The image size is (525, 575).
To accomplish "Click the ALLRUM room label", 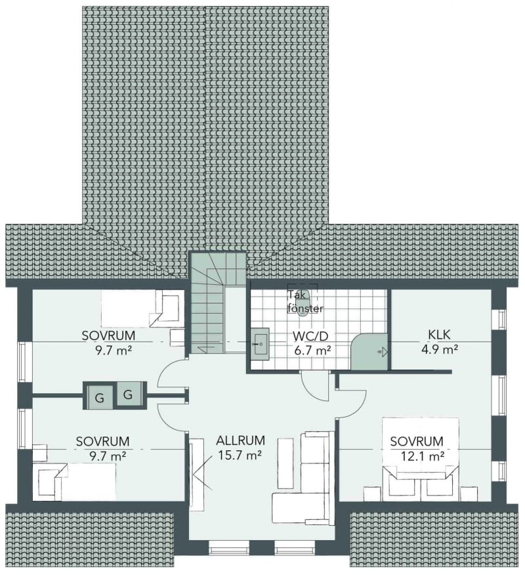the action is click(240, 440).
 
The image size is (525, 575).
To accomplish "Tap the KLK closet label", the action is click(439, 335).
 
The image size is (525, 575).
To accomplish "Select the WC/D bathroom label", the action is click(310, 336).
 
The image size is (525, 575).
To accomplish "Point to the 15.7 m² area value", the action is click(240, 455).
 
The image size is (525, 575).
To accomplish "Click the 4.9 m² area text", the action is click(439, 349).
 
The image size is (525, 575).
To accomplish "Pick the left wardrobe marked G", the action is click(99, 395).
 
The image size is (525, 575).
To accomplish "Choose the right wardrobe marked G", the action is click(129, 394).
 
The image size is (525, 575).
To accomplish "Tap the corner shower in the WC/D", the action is click(369, 351).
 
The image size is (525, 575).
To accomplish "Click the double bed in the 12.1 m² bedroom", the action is click(421, 458).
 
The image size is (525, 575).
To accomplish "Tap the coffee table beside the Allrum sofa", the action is click(285, 463).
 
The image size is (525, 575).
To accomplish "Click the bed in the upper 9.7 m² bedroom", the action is click(142, 309).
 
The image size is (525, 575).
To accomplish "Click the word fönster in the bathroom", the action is click(306, 309).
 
